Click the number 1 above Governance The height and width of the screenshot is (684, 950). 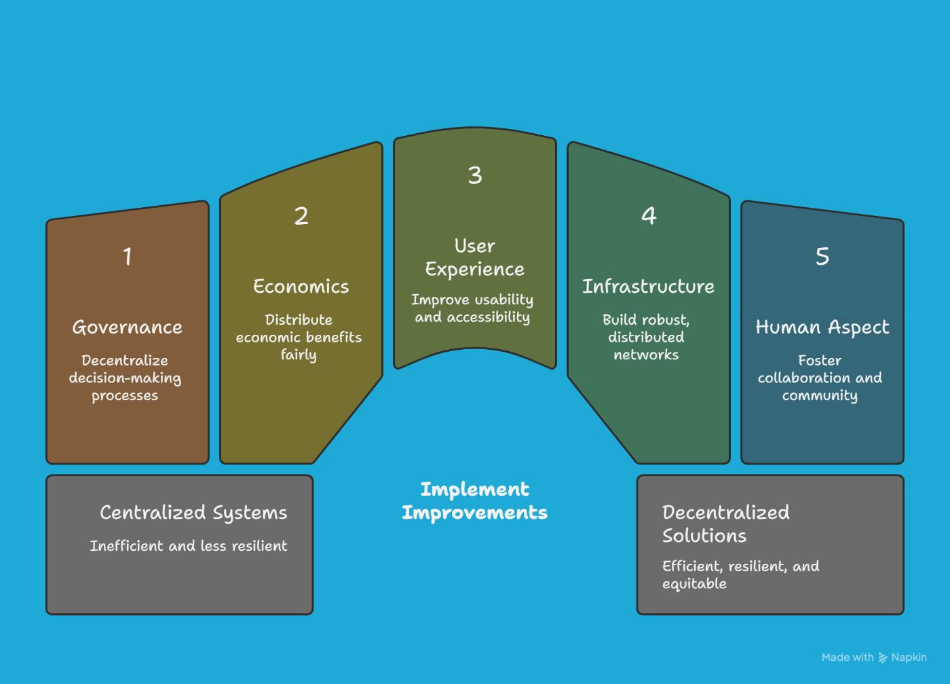coord(128,257)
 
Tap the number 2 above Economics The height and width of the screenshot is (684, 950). coord(301,216)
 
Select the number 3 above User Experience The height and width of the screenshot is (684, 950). coord(475,175)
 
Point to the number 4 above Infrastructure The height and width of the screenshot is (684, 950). coord(649,216)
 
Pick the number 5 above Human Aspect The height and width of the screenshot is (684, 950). coord(822,257)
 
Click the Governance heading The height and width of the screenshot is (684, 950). coord(128,327)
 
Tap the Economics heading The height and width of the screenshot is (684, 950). coord(301,287)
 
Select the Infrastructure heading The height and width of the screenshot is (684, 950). coord(649,287)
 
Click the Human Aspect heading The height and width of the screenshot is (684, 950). coord(822,327)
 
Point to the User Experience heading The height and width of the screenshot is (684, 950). coord(475,257)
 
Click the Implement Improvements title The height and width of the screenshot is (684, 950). coord(474,501)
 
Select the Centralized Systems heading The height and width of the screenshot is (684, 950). coord(193,513)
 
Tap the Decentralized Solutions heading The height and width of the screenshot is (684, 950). coord(725,524)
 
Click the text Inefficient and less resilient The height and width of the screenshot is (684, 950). coord(189,546)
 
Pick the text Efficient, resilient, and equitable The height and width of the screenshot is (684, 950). coord(740,575)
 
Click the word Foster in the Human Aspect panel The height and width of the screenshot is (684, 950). coord(820,361)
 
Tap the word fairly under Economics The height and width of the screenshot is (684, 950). coord(299,355)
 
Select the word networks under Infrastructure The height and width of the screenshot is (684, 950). coord(646,355)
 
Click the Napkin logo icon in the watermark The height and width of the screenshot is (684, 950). coord(883,658)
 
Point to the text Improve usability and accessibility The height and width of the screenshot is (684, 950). coord(472,308)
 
